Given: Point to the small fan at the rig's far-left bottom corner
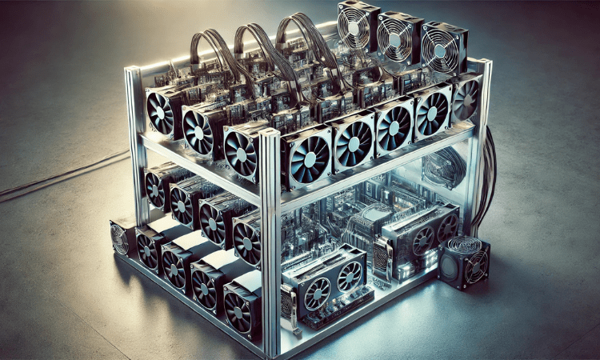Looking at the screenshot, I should (x=120, y=238).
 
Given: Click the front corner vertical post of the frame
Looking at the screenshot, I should (x=271, y=240).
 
